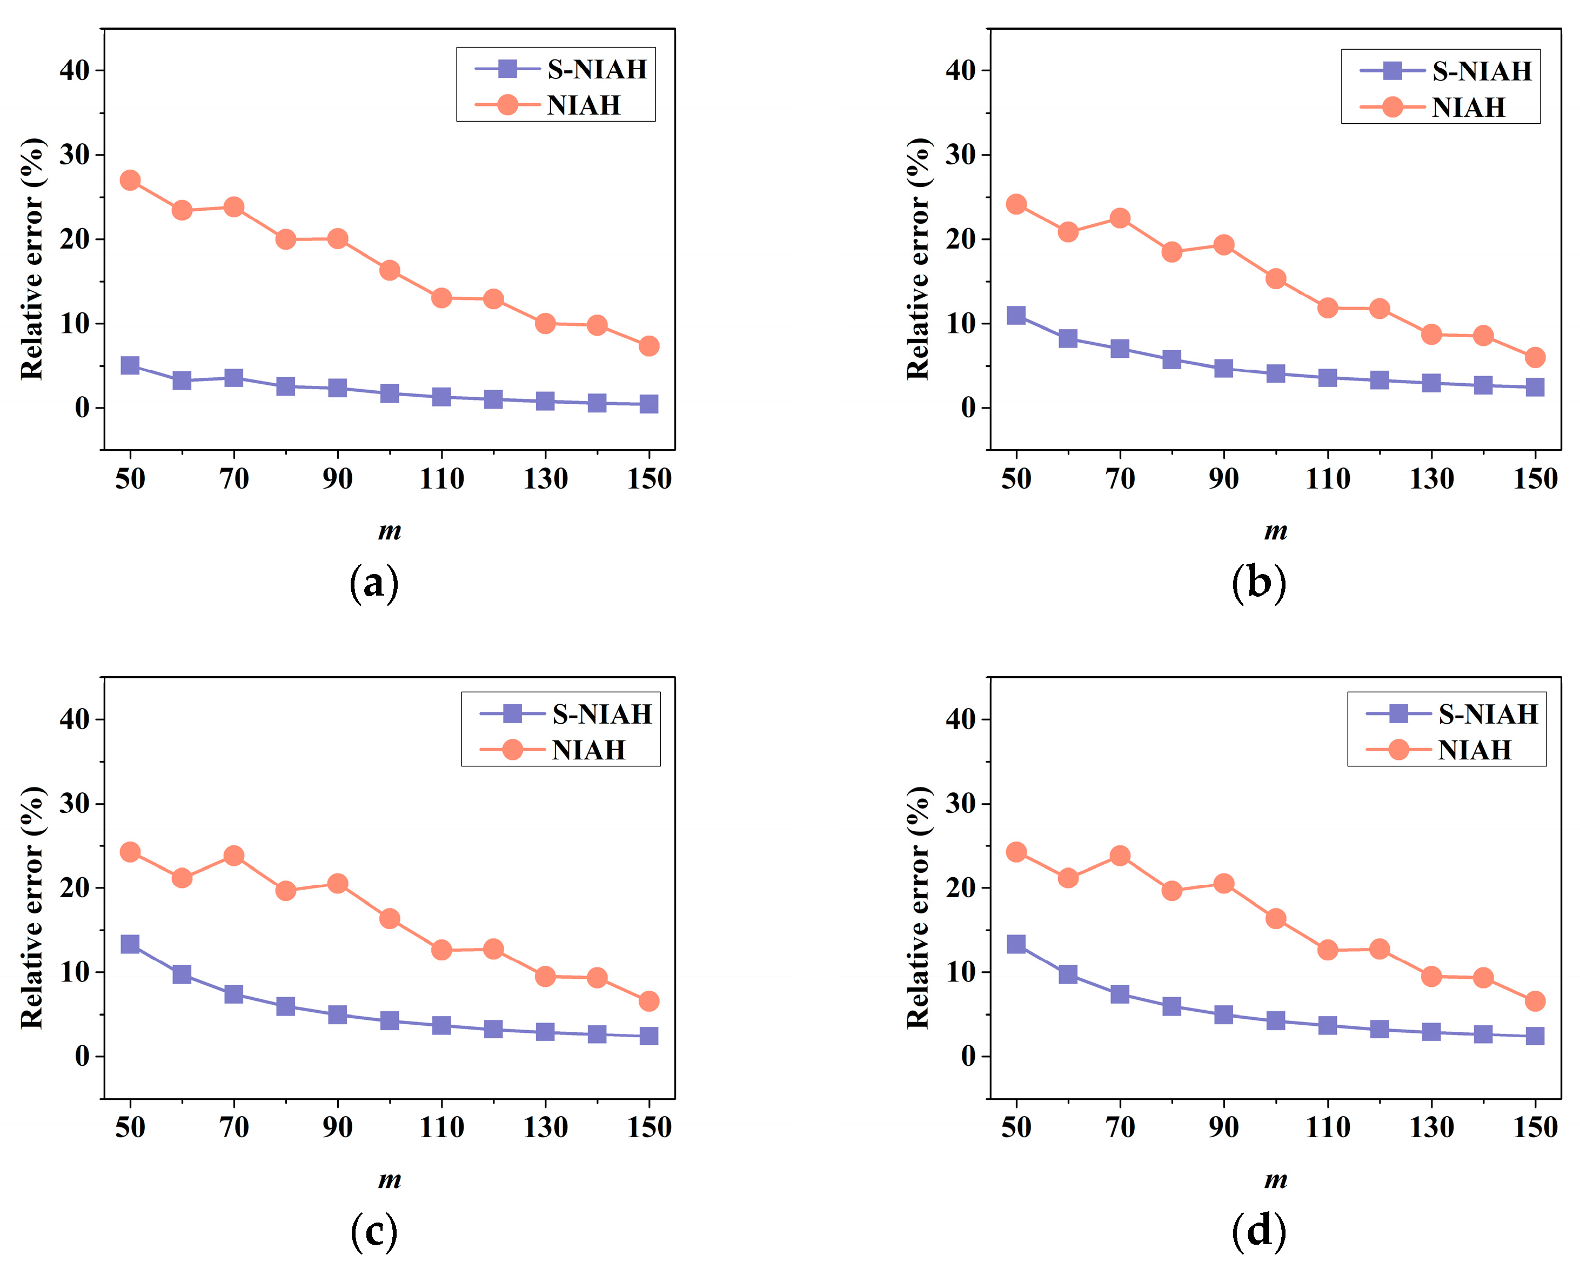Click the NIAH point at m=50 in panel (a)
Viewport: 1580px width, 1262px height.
pyautogui.click(x=130, y=181)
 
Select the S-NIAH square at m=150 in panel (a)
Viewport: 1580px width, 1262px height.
pyautogui.click(x=648, y=404)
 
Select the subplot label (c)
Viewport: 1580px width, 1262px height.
pyautogui.click(x=374, y=1231)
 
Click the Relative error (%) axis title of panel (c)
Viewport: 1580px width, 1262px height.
pyautogui.click(x=32, y=907)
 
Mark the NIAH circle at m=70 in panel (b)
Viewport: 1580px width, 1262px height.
pyautogui.click(x=1120, y=218)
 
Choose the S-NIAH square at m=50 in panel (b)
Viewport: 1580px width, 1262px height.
pyautogui.click(x=1016, y=315)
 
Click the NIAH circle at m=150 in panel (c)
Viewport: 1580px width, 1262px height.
pyautogui.click(x=648, y=1001)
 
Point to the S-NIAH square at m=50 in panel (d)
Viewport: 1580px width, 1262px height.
pyautogui.click(x=1016, y=944)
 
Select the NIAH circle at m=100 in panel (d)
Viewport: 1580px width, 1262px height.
pyautogui.click(x=1275, y=918)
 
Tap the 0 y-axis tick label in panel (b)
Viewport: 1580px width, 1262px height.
pyautogui.click(x=968, y=408)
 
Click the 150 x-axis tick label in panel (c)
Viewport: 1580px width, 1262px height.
pyautogui.click(x=648, y=1127)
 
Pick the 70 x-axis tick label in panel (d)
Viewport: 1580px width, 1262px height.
pyautogui.click(x=1120, y=1127)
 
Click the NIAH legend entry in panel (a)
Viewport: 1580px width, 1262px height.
pyautogui.click(x=583, y=105)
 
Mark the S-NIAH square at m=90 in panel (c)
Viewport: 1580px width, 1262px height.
pyautogui.click(x=337, y=1014)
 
